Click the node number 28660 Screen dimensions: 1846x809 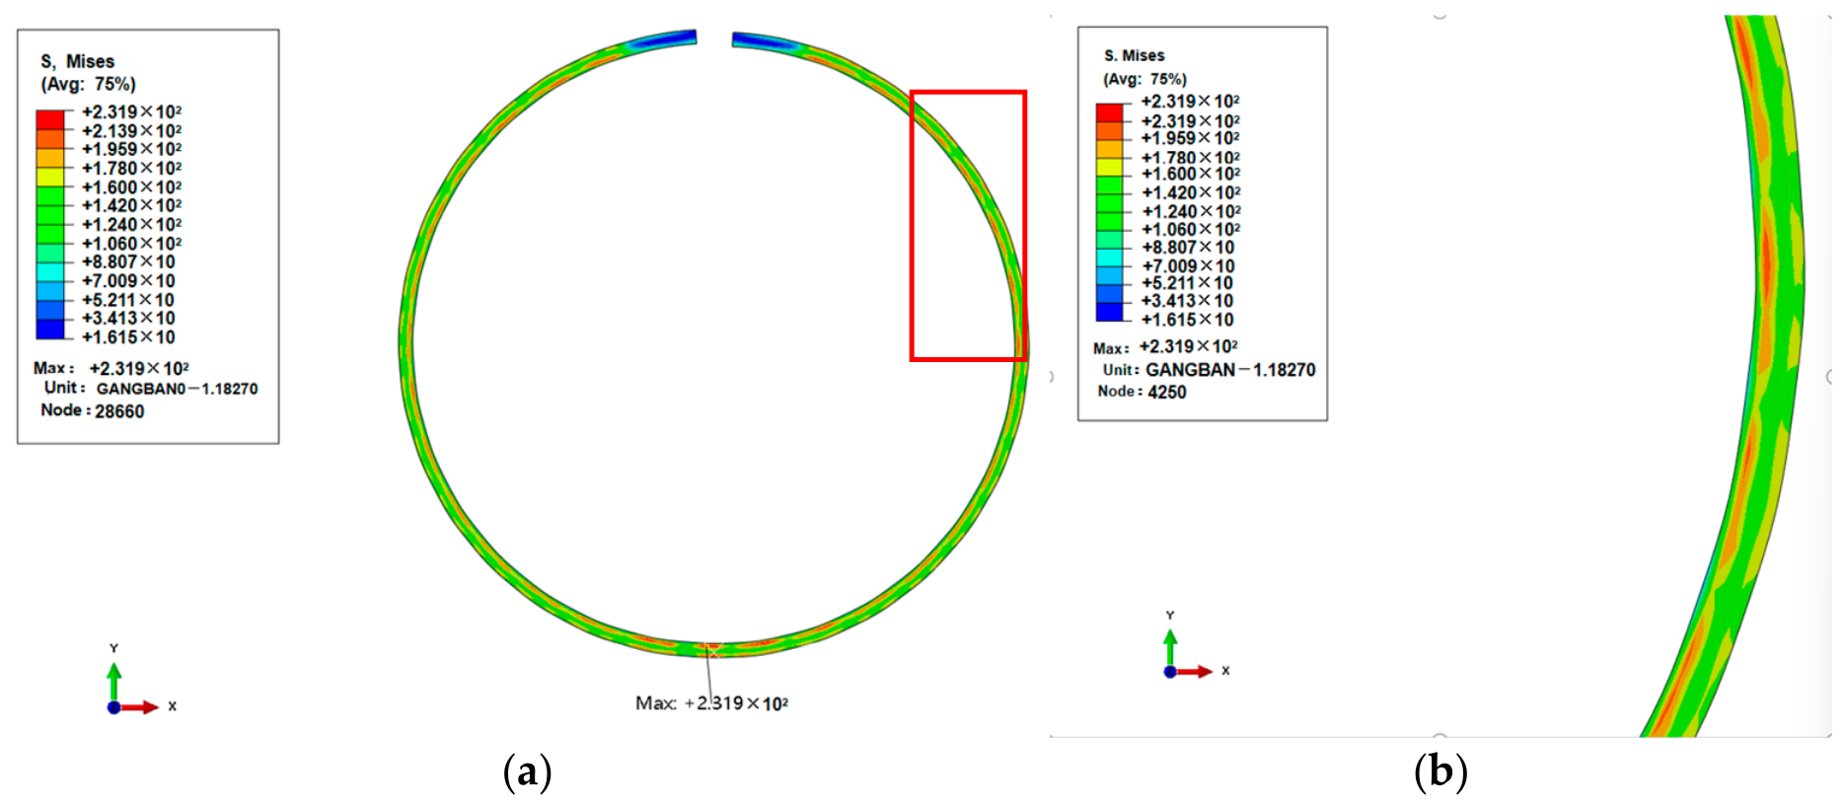pyautogui.click(x=119, y=411)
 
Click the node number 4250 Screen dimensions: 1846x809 pyautogui.click(x=1167, y=392)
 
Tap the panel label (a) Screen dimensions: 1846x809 pyautogui.click(x=527, y=772)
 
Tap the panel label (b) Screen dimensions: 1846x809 pyautogui.click(x=1440, y=772)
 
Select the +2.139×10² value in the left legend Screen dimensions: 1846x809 pyautogui.click(x=132, y=130)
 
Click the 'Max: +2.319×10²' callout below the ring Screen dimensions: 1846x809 pyautogui.click(x=711, y=703)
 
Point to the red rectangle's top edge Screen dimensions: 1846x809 pyautogui.click(x=968, y=93)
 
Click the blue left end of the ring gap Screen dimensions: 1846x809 pyautogui.click(x=664, y=40)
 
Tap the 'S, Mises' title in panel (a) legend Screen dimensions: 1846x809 pyautogui.click(x=77, y=61)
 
